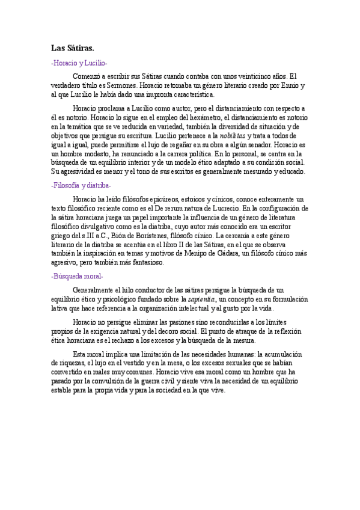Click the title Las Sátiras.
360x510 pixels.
coord(73,48)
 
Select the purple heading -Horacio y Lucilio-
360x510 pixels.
coord(79,63)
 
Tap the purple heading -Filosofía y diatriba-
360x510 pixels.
coord(81,186)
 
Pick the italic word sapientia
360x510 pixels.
coord(201,299)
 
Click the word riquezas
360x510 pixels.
coord(67,363)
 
